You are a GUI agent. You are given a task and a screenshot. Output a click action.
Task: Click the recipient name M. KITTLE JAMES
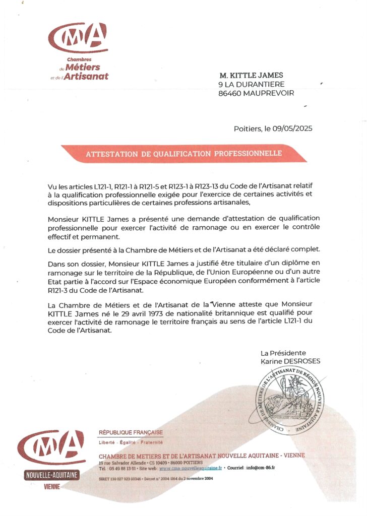click(255, 75)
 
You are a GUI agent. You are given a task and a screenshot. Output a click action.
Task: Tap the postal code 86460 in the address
click(230, 93)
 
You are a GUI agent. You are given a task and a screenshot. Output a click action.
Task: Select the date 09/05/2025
click(292, 128)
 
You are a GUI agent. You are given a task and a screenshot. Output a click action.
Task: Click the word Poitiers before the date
click(248, 128)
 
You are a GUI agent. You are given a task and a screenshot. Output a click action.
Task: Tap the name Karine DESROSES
click(290, 361)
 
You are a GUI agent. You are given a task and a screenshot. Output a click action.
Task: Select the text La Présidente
click(283, 353)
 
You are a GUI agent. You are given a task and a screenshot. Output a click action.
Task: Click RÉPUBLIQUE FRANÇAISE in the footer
click(130, 432)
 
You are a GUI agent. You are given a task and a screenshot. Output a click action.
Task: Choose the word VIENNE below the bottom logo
click(51, 487)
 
